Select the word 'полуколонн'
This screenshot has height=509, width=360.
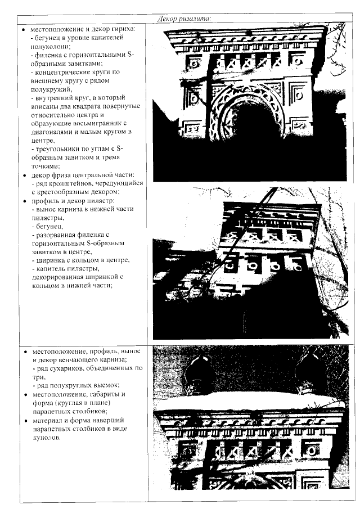[x=48, y=46]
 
